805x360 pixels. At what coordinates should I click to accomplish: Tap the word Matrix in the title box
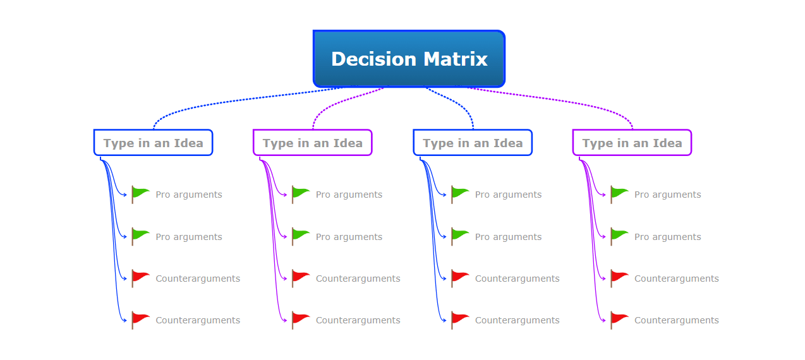tap(456, 59)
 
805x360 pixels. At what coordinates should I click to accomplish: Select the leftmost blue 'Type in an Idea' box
tap(154, 143)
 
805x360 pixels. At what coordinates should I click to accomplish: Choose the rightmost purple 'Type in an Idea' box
tap(632, 143)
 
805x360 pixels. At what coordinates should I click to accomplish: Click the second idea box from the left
tap(313, 143)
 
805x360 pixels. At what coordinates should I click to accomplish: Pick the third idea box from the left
tap(473, 143)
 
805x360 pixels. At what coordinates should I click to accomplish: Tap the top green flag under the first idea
tap(140, 195)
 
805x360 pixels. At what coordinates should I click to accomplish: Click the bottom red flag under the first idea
tap(140, 320)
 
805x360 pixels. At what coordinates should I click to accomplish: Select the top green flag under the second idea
tap(300, 195)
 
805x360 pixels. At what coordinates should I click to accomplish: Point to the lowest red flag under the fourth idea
tap(619, 320)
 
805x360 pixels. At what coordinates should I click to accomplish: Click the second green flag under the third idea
tap(460, 236)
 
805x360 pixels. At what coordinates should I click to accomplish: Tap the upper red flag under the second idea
tap(300, 279)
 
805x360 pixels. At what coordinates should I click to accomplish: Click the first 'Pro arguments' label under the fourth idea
tap(668, 195)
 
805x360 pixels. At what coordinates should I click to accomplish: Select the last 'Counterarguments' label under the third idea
tap(517, 320)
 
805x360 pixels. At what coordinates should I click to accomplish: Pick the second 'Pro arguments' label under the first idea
tap(189, 237)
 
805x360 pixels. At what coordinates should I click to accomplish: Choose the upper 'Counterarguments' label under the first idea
tap(198, 279)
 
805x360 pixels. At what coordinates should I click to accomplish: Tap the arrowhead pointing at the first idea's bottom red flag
tap(125, 320)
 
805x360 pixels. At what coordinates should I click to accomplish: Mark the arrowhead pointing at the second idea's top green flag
tap(285, 195)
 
